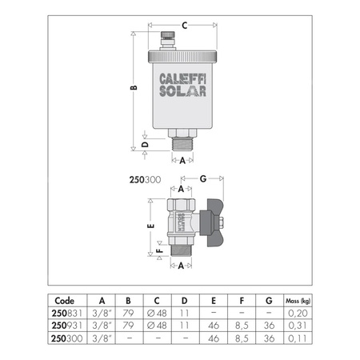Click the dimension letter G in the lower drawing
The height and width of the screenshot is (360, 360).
pos(204,178)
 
